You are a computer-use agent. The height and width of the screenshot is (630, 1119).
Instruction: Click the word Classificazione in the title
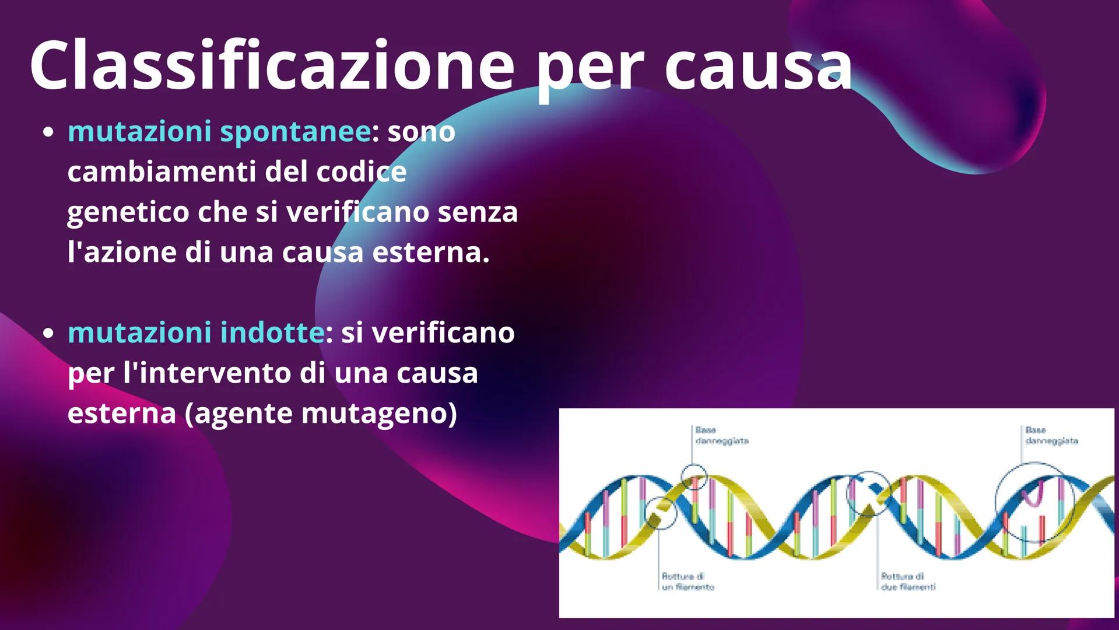[272, 66]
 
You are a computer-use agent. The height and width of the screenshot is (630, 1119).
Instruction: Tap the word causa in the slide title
[757, 66]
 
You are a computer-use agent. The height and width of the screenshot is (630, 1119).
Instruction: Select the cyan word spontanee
[295, 132]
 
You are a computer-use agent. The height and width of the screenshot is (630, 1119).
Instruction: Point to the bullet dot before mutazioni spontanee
[49, 132]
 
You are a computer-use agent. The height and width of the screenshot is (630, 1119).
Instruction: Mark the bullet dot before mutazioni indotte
[49, 333]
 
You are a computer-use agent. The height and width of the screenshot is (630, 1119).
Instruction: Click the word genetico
[128, 212]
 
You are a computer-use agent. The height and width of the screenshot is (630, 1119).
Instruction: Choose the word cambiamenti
[161, 171]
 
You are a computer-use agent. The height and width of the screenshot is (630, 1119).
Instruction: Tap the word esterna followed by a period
[430, 252]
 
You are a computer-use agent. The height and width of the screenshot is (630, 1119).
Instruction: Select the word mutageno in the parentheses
[379, 413]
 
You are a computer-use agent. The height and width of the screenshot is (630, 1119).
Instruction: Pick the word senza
[478, 212]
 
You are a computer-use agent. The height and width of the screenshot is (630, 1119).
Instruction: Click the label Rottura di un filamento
[687, 582]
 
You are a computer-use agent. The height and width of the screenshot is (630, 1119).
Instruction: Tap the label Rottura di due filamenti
[908, 582]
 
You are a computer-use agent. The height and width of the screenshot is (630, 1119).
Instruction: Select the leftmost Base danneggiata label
[721, 436]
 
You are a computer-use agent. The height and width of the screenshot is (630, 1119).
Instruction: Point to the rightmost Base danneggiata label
[1051, 436]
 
